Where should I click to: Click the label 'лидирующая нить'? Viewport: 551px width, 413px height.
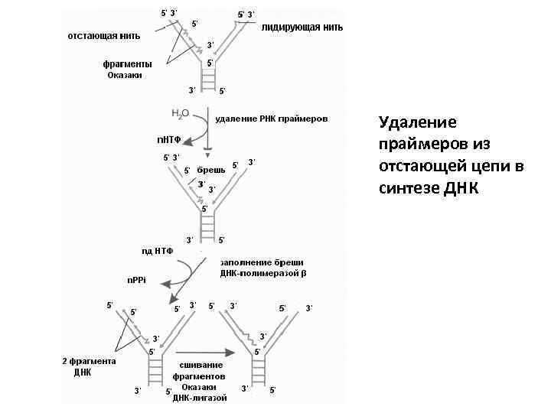pos(302,27)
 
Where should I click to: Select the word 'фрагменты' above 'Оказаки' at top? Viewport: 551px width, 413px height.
pos(127,63)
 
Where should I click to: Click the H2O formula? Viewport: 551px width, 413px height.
pos(181,113)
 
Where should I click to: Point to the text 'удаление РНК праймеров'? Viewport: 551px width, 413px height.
pos(272,119)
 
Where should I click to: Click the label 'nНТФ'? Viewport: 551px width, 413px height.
pos(169,140)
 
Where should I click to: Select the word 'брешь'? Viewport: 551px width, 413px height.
pos(211,169)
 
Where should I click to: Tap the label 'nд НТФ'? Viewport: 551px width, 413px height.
pos(157,250)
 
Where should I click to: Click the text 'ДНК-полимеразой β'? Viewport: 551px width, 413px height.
pos(262,273)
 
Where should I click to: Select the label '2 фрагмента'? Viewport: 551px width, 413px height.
pos(89,361)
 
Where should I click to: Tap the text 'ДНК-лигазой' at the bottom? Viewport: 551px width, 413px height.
pos(200,398)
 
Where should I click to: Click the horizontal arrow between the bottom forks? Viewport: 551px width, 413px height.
pos(208,353)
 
